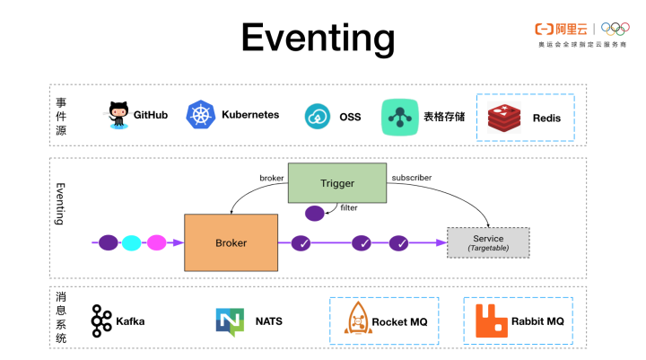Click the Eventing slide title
point(318,38)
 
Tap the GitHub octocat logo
point(118,115)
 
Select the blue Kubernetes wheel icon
point(200,115)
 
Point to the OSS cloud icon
point(319,117)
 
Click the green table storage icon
point(398,117)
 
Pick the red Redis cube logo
point(504,118)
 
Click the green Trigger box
point(337,183)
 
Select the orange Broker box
point(231,242)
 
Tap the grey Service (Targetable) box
point(488,242)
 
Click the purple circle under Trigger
point(315,214)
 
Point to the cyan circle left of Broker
point(132,242)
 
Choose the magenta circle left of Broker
point(156,242)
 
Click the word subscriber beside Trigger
point(412,178)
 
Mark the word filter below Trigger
point(349,208)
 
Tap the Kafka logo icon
point(101,320)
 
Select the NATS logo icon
point(230,320)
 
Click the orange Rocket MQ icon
point(357,320)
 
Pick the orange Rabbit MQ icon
point(490,320)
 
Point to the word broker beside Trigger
point(272,178)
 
